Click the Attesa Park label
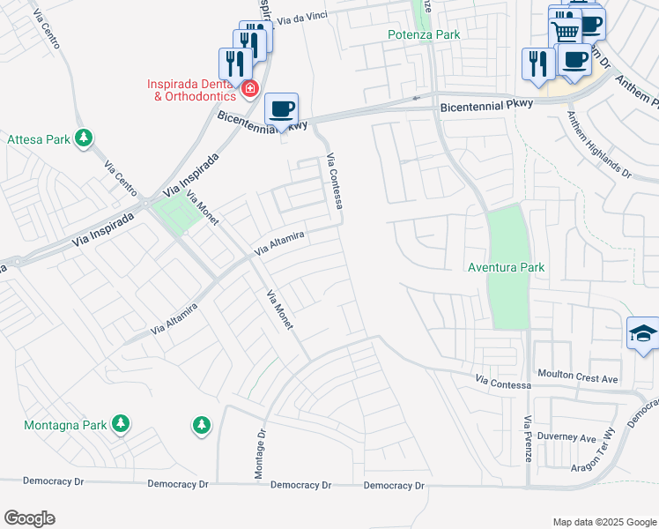click(x=40, y=139)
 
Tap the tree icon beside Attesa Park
click(x=84, y=138)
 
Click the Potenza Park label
click(x=425, y=34)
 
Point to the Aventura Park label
click(x=507, y=266)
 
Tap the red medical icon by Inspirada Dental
click(x=249, y=88)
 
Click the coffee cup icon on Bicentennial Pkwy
click(x=281, y=109)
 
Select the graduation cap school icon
click(x=643, y=334)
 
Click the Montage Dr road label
click(x=260, y=455)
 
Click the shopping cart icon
click(x=565, y=32)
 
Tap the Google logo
click(x=31, y=518)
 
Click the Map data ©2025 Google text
click(x=603, y=522)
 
